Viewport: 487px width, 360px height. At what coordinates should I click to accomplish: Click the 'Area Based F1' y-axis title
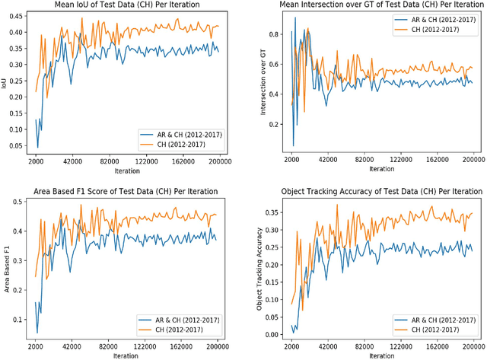6,266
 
